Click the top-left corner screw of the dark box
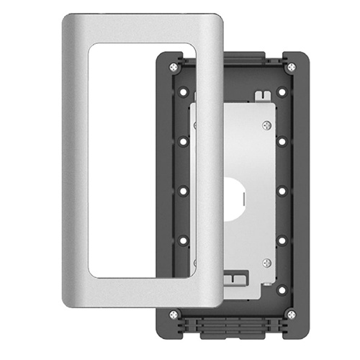(174, 68)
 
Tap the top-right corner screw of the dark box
(291, 68)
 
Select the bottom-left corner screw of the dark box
(174, 314)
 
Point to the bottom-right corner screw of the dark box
(291, 314)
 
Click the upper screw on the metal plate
(267, 126)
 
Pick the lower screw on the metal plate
(267, 262)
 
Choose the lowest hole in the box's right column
(282, 289)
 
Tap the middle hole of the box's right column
(282, 192)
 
